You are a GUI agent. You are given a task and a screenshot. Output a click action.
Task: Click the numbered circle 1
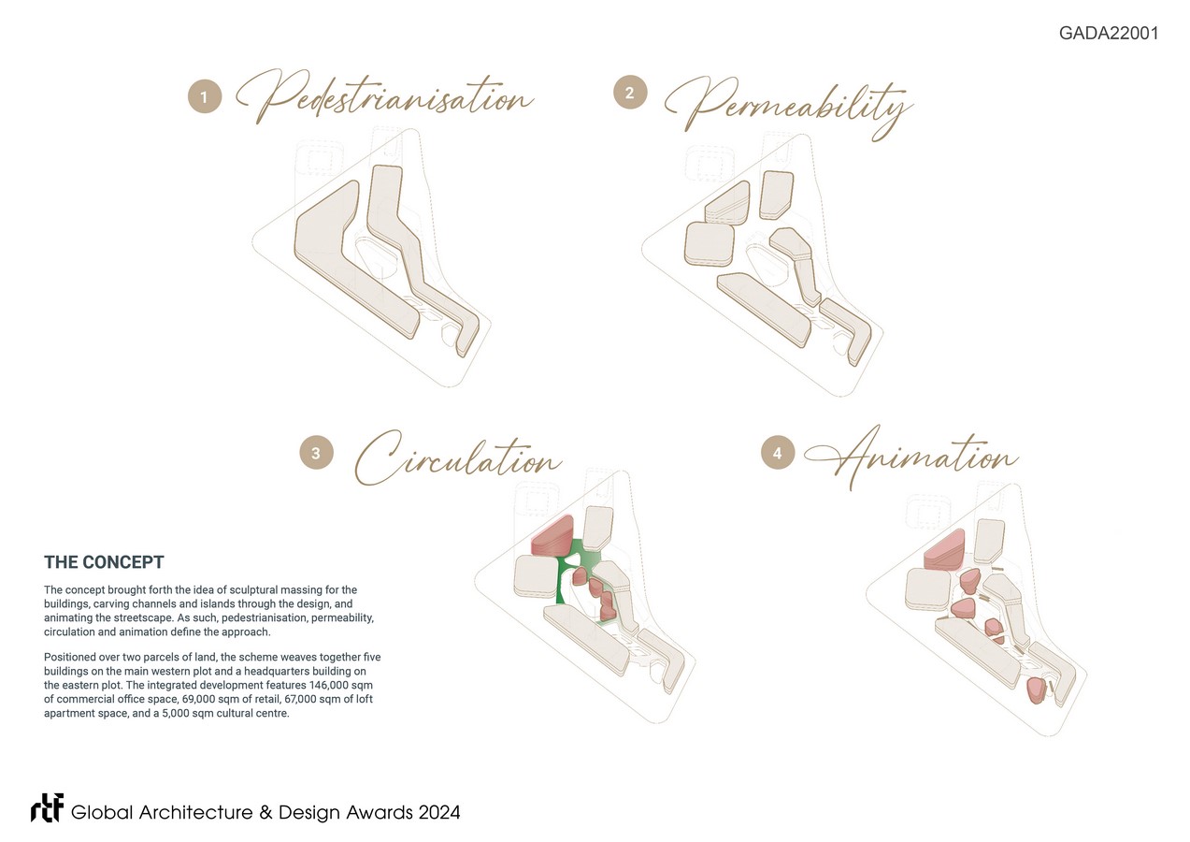205,96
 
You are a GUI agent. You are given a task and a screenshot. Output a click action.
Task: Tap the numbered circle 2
630,93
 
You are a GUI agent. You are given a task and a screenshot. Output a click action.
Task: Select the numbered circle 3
316,453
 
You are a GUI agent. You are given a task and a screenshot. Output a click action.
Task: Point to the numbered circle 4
778,453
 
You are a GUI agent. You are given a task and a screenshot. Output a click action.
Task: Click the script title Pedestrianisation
384,96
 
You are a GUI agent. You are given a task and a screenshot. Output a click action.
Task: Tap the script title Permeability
789,108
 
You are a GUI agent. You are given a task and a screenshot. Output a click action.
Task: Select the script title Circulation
458,458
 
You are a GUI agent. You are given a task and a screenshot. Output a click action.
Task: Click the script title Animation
911,457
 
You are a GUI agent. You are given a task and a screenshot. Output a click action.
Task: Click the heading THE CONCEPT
104,562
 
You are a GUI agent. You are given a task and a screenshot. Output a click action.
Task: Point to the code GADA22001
1109,33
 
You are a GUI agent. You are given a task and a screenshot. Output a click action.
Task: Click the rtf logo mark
48,808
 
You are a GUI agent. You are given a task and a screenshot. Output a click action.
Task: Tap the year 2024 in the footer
439,812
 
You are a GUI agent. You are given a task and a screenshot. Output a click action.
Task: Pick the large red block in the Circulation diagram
552,537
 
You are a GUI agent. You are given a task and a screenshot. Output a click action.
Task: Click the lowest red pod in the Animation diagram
1036,690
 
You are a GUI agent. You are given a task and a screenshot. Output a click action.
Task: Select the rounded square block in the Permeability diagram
710,244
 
